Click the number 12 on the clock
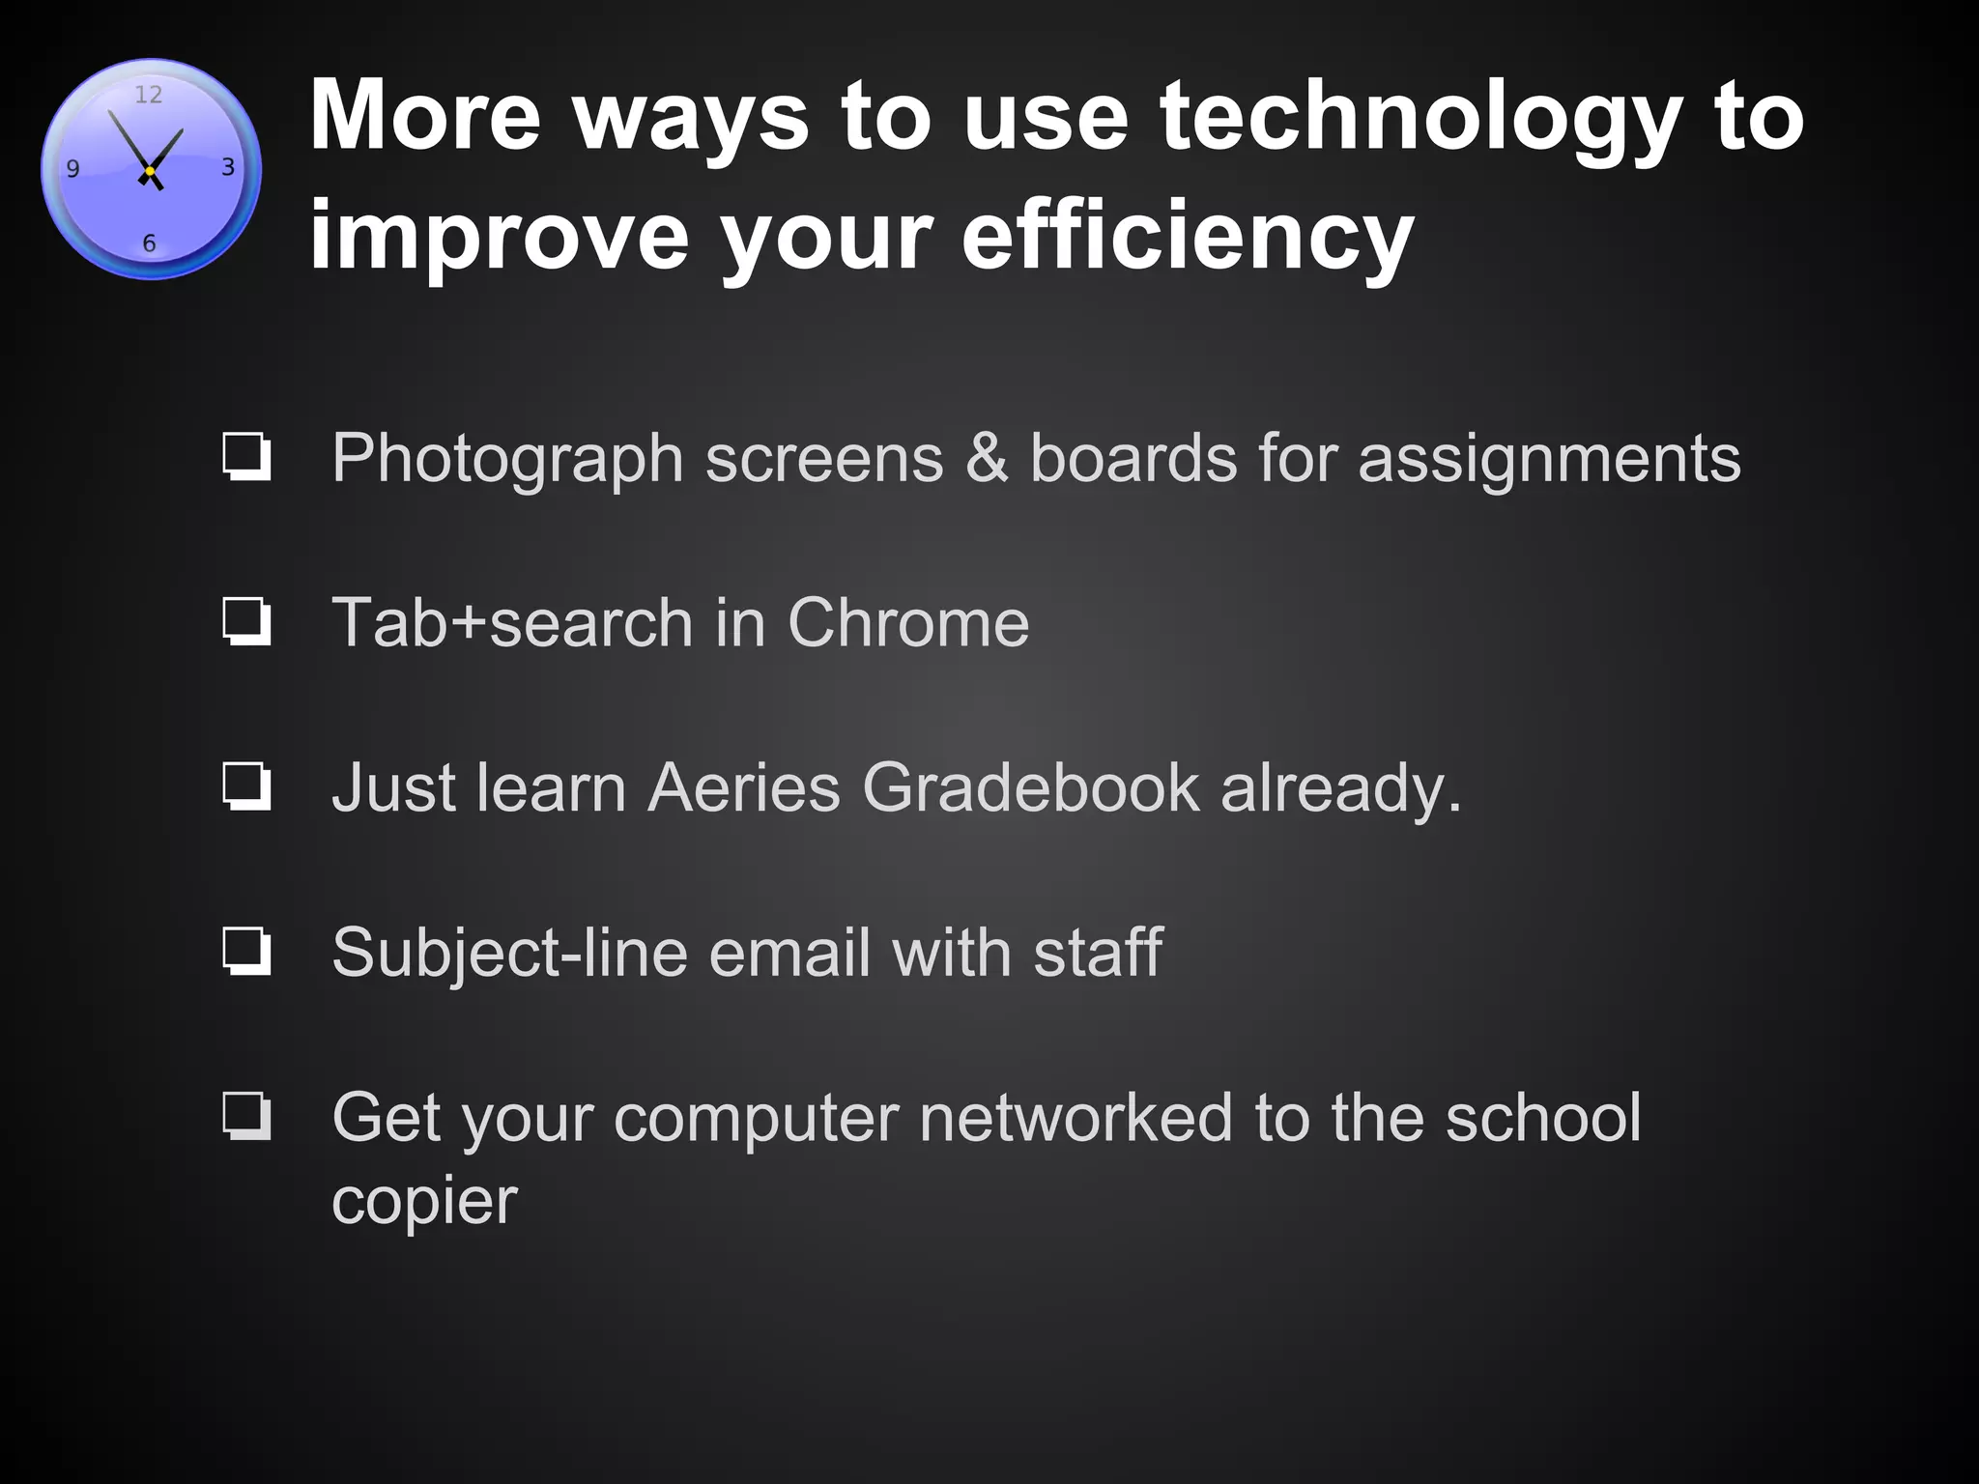[148, 95]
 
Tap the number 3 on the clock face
[228, 167]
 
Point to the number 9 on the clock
[72, 169]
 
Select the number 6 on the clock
[149, 243]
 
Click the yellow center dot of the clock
[150, 171]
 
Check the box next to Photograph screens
[246, 457]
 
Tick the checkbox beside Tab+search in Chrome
[246, 622]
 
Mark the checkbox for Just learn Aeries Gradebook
[246, 786]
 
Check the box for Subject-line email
[246, 952]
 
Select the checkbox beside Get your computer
[246, 1117]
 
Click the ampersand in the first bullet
[987, 457]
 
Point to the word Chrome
[908, 622]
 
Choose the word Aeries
[744, 786]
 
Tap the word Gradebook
[1031, 786]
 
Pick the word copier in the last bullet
[424, 1202]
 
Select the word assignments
[1549, 459]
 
